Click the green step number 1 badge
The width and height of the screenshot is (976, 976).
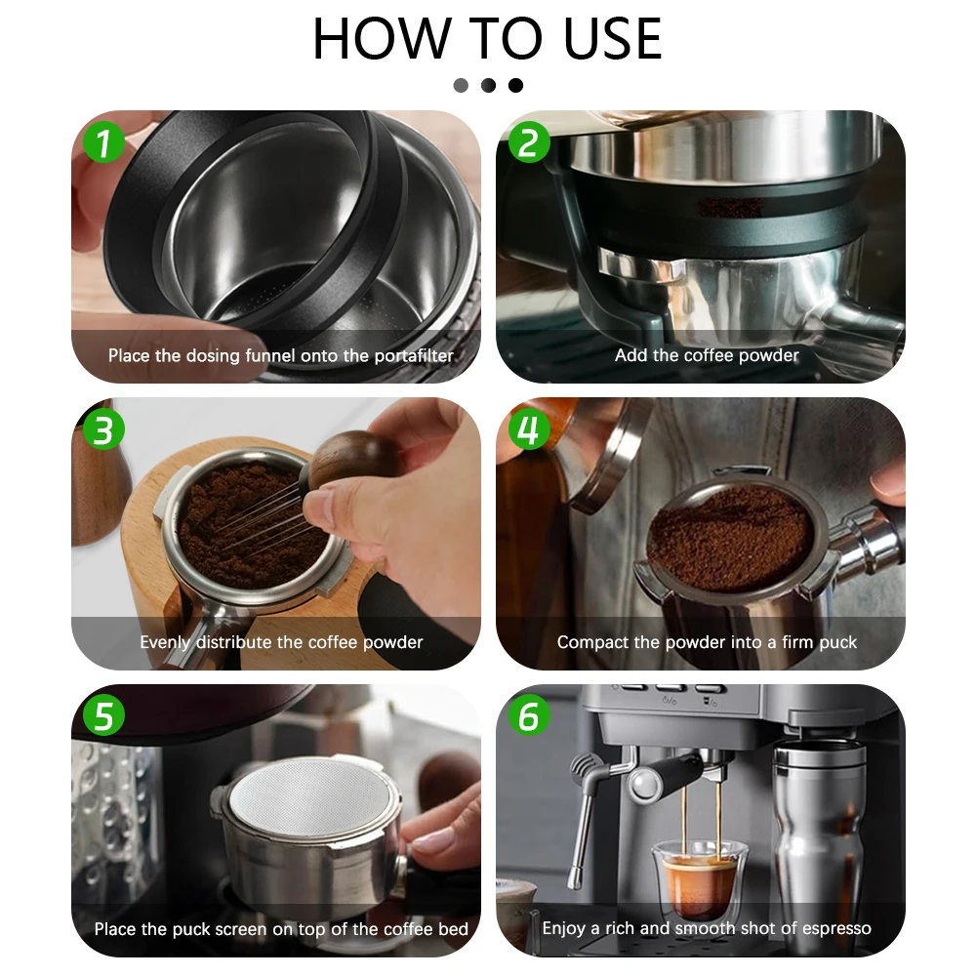(103, 142)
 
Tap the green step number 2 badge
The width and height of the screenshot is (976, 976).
(528, 142)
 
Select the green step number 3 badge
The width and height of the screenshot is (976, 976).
(103, 429)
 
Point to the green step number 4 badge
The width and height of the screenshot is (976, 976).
(528, 429)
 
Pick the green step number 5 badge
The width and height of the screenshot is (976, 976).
(103, 715)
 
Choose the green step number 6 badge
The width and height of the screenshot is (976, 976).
(528, 715)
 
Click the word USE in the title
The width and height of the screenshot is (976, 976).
(612, 39)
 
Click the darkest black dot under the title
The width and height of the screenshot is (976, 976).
(515, 85)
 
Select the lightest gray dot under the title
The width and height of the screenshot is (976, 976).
(461, 85)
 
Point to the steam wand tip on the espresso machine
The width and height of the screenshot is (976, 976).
(574, 879)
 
